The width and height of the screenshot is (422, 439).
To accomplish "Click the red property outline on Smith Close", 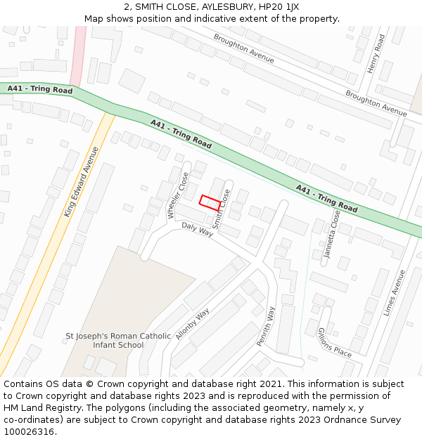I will (210, 202).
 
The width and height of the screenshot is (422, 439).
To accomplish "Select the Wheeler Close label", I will (178, 195).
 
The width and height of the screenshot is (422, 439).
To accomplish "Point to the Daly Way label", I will (197, 229).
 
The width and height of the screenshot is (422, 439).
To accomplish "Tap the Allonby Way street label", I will (193, 324).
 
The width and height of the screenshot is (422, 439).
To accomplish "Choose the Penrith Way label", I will (265, 326).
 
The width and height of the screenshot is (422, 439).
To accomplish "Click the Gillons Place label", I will (334, 343).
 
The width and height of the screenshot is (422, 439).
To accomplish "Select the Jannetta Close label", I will (331, 235).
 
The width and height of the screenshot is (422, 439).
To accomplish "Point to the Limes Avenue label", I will (394, 292).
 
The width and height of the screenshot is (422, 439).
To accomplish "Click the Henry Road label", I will (376, 54).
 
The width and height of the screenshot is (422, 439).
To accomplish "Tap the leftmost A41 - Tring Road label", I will (40, 89).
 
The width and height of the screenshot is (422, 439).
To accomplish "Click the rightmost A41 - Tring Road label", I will (326, 199).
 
